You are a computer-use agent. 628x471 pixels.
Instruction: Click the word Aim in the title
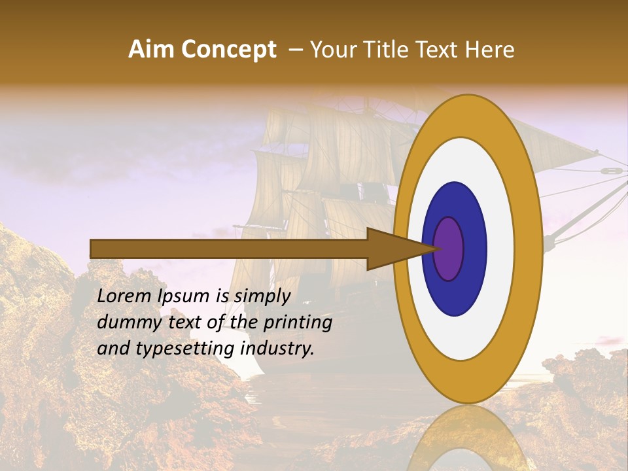tap(152, 50)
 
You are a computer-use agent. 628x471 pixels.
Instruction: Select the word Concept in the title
tap(228, 50)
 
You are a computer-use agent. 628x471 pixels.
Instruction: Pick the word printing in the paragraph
tap(297, 323)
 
